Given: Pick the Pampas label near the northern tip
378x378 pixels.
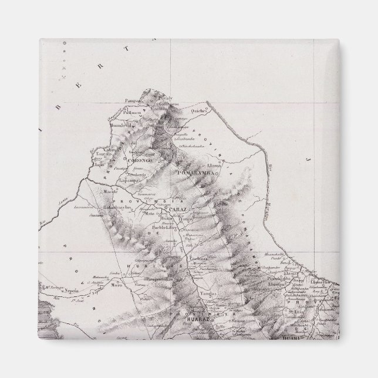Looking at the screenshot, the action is click(133, 101).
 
